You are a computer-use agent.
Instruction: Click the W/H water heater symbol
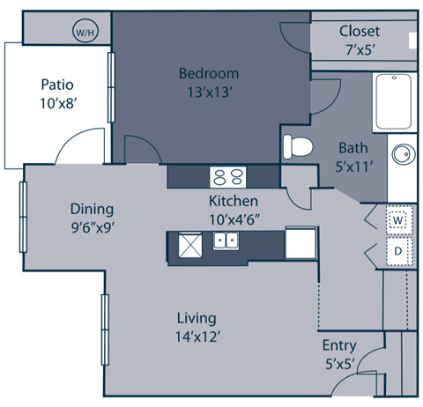(x=86, y=33)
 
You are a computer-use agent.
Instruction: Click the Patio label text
(x=56, y=85)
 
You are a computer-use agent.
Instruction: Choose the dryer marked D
(x=397, y=250)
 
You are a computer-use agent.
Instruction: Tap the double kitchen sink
(x=225, y=240)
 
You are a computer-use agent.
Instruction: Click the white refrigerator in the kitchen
(x=300, y=242)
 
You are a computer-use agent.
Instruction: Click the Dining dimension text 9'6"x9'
(x=93, y=226)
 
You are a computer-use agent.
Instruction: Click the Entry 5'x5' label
(x=340, y=352)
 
